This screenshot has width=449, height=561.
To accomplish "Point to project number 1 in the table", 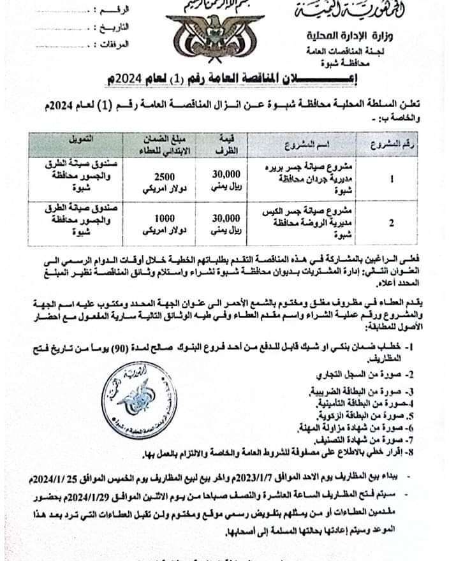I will click(391, 179).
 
